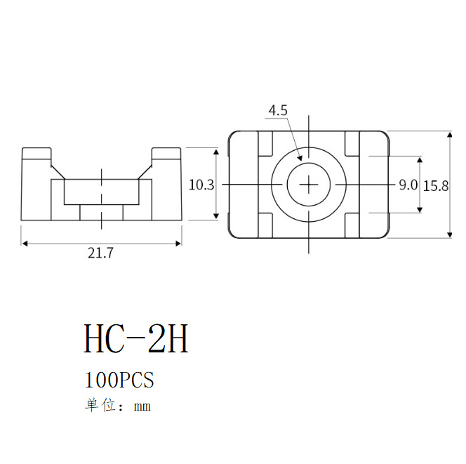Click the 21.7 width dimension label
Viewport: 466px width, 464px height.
100,254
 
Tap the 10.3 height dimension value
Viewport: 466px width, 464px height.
201,185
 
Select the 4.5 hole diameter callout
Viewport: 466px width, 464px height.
278,110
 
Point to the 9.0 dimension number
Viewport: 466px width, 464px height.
408,185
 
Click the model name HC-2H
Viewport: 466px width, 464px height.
136,339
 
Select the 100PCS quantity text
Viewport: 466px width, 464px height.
119,380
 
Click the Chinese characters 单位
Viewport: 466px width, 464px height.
100,406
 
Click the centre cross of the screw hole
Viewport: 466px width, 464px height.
309,185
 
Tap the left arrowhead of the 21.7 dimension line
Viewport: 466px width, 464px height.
25,244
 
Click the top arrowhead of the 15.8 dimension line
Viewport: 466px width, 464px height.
450,134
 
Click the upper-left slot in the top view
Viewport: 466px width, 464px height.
266,143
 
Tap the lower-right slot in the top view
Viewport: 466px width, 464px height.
352,225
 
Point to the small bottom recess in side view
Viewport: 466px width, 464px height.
102,211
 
